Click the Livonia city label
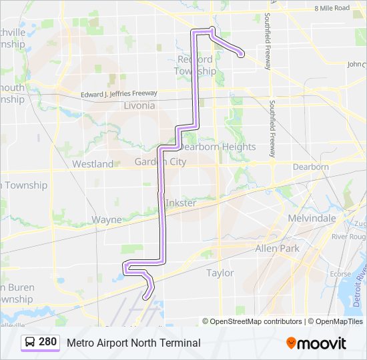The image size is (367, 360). tap(139, 105)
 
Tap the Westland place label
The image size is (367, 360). tap(93, 163)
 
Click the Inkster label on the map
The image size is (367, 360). tap(180, 203)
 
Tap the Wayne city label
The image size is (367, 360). tap(107, 219)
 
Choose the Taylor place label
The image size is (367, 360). tap(220, 273)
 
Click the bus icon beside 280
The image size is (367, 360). tap(31, 342)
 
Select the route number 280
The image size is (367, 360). tap(48, 342)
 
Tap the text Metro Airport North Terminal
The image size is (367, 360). tap(133, 343)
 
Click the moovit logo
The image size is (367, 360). tap(316, 343)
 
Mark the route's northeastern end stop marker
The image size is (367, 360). tap(240, 55)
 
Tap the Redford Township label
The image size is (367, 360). tap(196, 65)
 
